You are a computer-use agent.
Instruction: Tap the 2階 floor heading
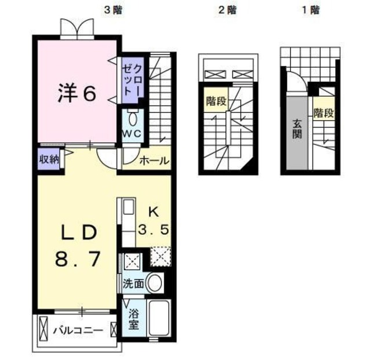coord(228,10)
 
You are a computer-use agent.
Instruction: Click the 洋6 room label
coord(76,93)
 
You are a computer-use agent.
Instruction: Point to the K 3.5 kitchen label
coord(154,220)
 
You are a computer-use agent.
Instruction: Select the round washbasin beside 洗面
coord(154,284)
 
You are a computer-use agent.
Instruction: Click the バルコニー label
coord(78,330)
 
